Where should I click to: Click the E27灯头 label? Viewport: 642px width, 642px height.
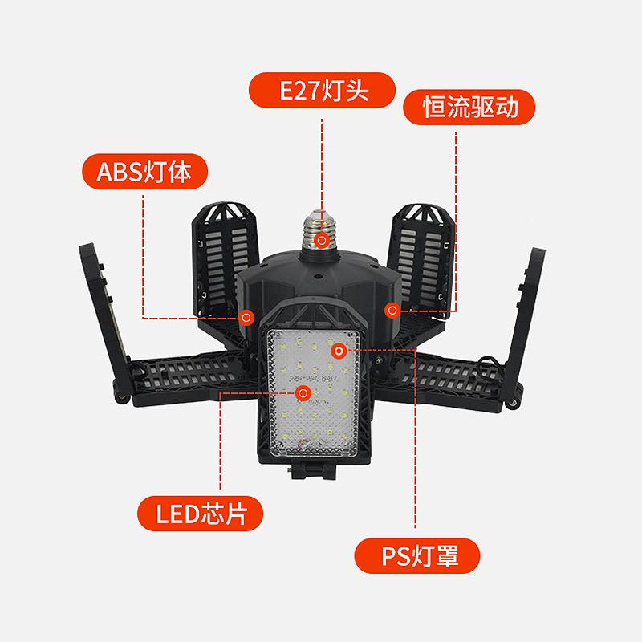tap(322, 91)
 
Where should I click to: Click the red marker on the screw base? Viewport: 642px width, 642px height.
tap(322, 239)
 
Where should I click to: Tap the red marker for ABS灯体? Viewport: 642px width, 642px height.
tap(248, 316)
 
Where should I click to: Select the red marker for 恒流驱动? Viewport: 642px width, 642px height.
tap(392, 308)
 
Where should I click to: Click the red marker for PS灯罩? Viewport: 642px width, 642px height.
tap(339, 350)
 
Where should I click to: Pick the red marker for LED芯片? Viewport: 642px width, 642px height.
tap(303, 392)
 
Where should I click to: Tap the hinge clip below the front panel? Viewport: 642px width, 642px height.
tap(314, 469)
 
